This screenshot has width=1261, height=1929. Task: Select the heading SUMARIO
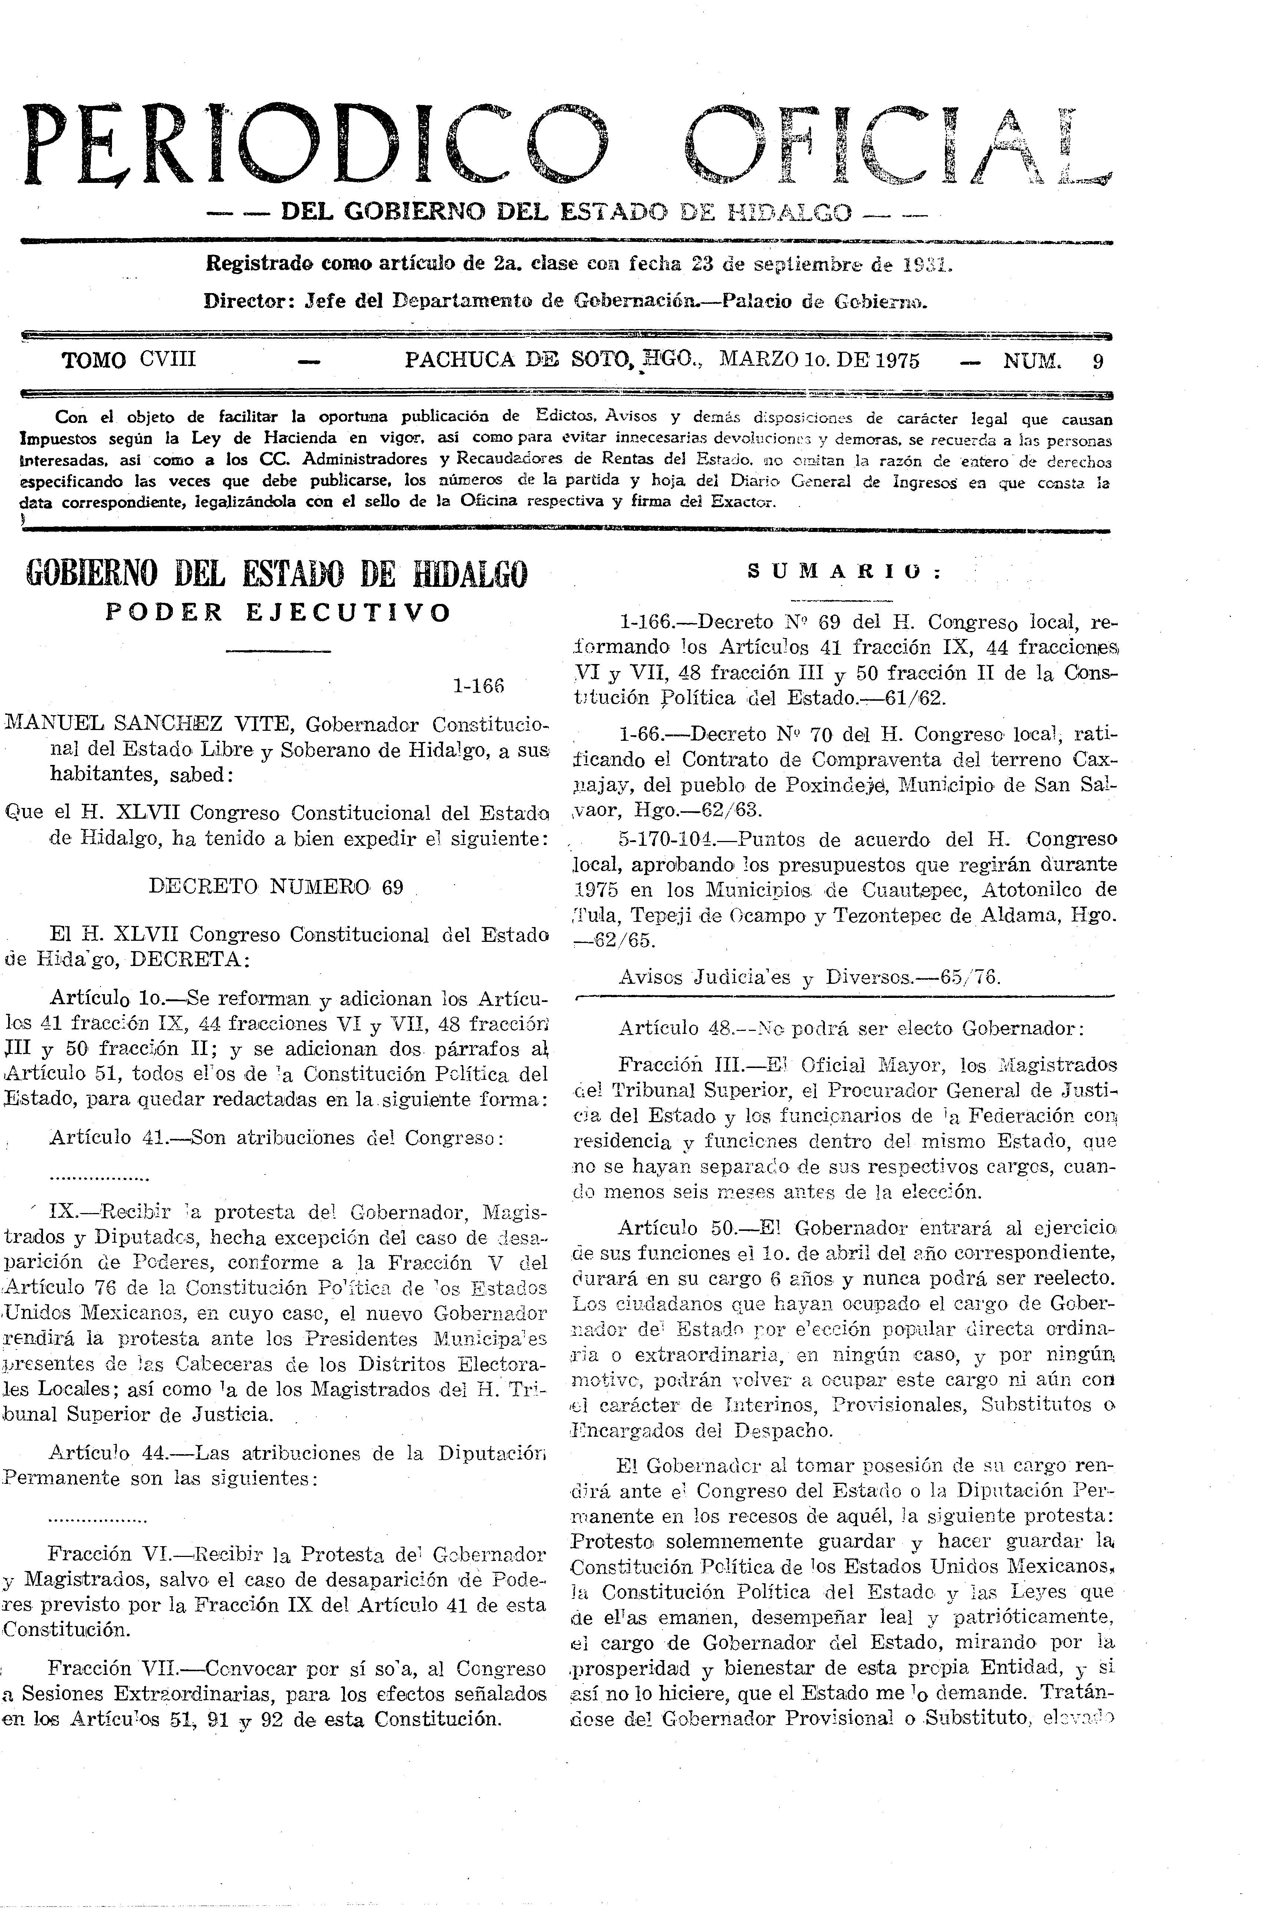(843, 571)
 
